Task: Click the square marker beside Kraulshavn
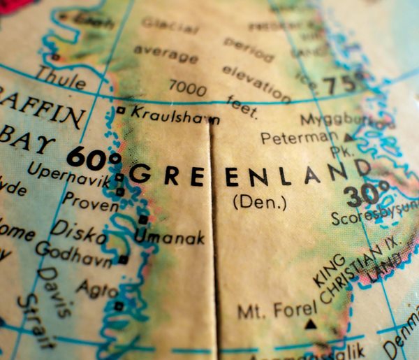122,110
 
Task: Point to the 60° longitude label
94,157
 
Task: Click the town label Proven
90,203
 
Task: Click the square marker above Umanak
143,219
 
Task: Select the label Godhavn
73,254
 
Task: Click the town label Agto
93,287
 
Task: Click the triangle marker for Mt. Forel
310,324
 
